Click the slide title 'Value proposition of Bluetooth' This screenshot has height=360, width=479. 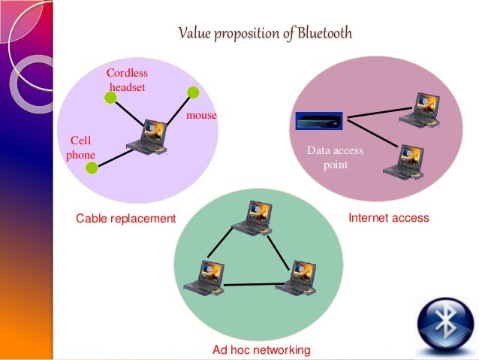pos(264,34)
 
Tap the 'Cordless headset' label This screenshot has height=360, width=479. pos(127,80)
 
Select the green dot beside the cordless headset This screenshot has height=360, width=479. pos(108,97)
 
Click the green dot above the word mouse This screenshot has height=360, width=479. pos(193,92)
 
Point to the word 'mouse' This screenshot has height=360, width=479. pos(201,116)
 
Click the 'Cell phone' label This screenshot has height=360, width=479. pos(81,147)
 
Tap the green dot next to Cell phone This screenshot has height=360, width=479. pos(92,168)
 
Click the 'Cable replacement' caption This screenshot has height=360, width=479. pos(125,219)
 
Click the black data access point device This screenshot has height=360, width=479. pos(318,120)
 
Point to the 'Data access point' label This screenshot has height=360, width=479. pos(335,157)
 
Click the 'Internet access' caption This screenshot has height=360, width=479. pos(389,218)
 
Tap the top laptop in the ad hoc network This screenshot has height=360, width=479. pos(251,218)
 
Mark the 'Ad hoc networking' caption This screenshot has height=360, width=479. pos(261,350)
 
